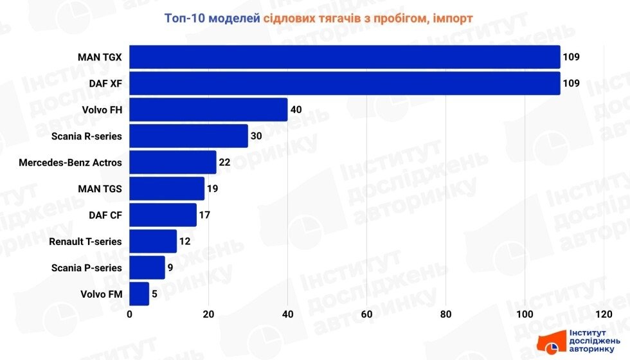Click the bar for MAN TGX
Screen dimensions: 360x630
tap(345, 57)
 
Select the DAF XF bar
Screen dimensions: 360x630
tap(345, 83)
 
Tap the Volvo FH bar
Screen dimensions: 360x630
tap(208, 109)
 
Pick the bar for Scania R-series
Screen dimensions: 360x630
tap(188, 136)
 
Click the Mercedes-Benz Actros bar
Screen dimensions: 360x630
tap(173, 162)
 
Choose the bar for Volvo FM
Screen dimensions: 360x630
tap(139, 294)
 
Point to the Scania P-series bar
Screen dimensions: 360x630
tap(147, 267)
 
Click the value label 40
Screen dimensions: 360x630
tap(296, 109)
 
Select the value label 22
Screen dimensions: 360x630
tap(224, 162)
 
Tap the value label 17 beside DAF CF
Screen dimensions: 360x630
tap(204, 215)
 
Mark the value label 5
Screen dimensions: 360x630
tap(154, 294)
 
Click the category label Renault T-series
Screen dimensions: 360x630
tap(85, 241)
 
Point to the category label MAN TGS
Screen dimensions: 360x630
tap(99, 188)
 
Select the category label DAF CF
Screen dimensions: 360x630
tap(105, 215)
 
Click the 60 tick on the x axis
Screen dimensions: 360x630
tap(367, 314)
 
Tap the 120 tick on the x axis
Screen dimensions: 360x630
tap(604, 314)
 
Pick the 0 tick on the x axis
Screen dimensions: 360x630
tap(130, 314)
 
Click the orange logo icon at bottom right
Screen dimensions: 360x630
tap(551, 341)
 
